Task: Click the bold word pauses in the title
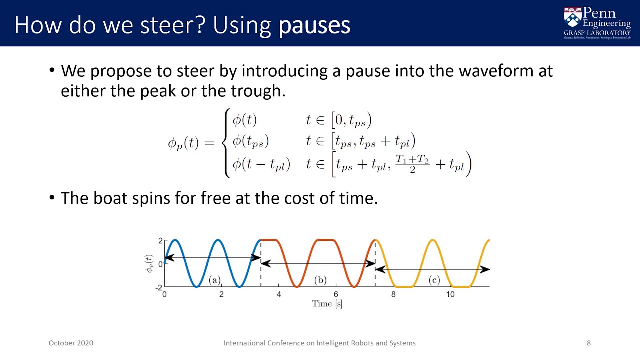point(314,25)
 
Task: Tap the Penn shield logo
point(572,17)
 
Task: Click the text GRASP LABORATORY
point(597,33)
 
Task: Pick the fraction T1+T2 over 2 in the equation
point(412,163)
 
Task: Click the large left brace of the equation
point(227,143)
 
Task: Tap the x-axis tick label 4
point(279,294)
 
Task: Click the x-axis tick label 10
point(450,294)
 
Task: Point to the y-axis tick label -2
point(159,287)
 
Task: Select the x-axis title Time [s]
point(327,303)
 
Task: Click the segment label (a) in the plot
point(215,280)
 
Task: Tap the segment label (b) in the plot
point(320,280)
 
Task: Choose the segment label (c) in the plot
point(434,280)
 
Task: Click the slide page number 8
point(589,343)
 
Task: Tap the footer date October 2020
point(71,343)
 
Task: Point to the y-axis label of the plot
point(149,263)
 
